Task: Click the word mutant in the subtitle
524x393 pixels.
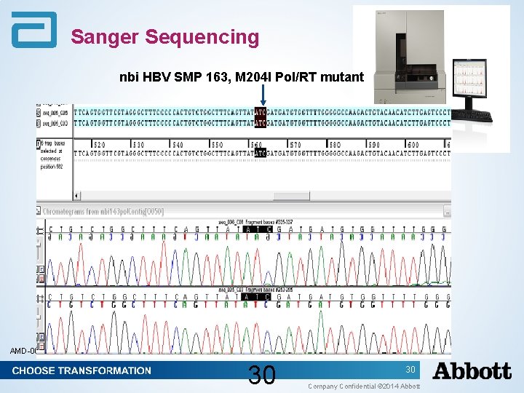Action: tap(341, 76)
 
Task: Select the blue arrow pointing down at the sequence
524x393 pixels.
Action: tap(262, 94)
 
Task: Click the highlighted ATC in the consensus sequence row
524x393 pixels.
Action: tap(261, 153)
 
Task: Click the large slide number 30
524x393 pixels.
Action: tap(261, 376)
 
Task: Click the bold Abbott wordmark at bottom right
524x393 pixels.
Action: tap(472, 371)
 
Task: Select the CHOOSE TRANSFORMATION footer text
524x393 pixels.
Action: tap(82, 370)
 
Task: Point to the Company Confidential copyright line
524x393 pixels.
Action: tap(364, 386)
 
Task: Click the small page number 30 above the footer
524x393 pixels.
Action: tap(410, 370)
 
